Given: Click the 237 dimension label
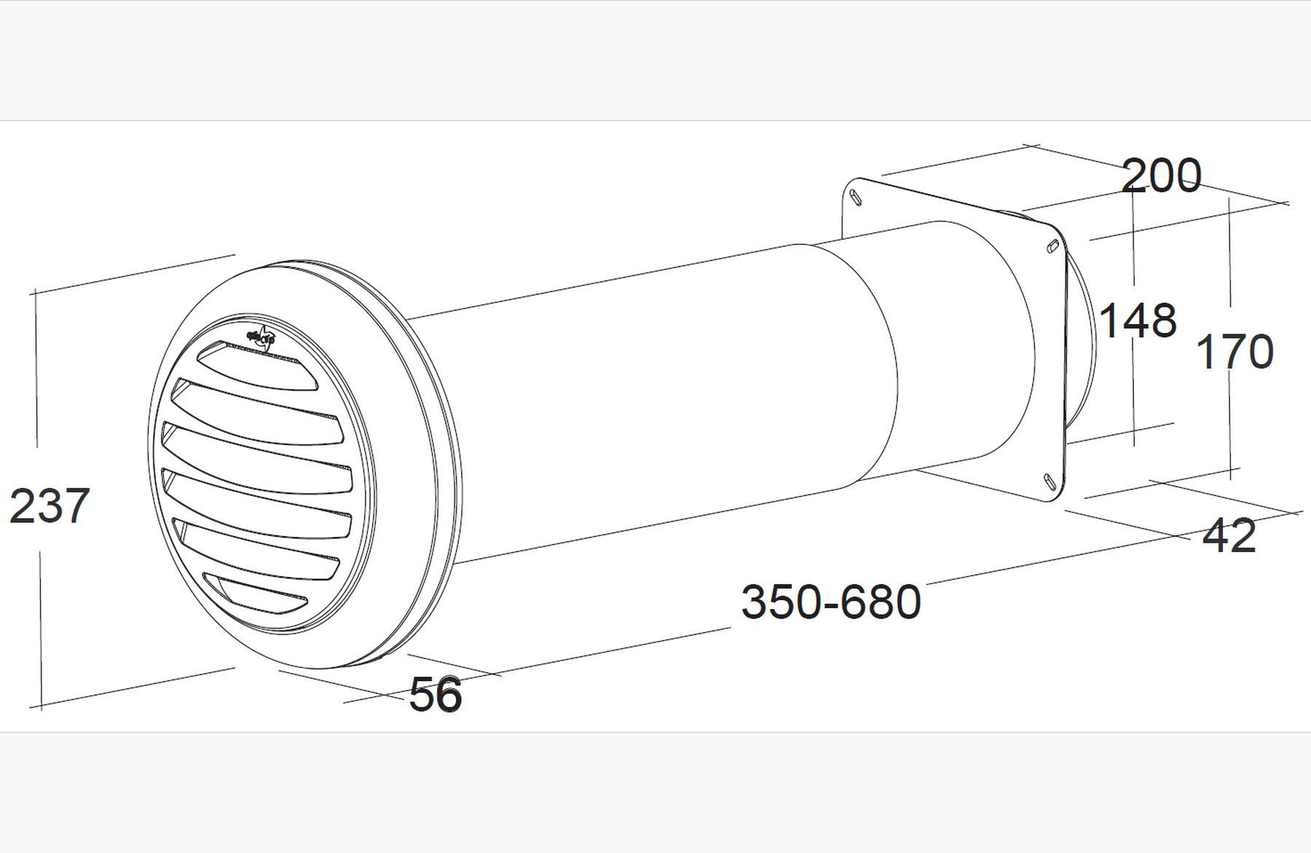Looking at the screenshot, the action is pyautogui.click(x=50, y=506).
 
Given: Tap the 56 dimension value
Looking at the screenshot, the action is pyautogui.click(x=436, y=694).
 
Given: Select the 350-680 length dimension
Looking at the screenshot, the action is pyautogui.click(x=831, y=602).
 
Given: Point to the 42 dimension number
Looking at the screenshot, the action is pyautogui.click(x=1229, y=536).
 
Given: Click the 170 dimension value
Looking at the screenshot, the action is pyautogui.click(x=1235, y=352).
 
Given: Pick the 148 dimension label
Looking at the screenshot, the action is pyautogui.click(x=1137, y=321).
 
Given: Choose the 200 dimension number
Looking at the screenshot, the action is pyautogui.click(x=1161, y=176).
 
